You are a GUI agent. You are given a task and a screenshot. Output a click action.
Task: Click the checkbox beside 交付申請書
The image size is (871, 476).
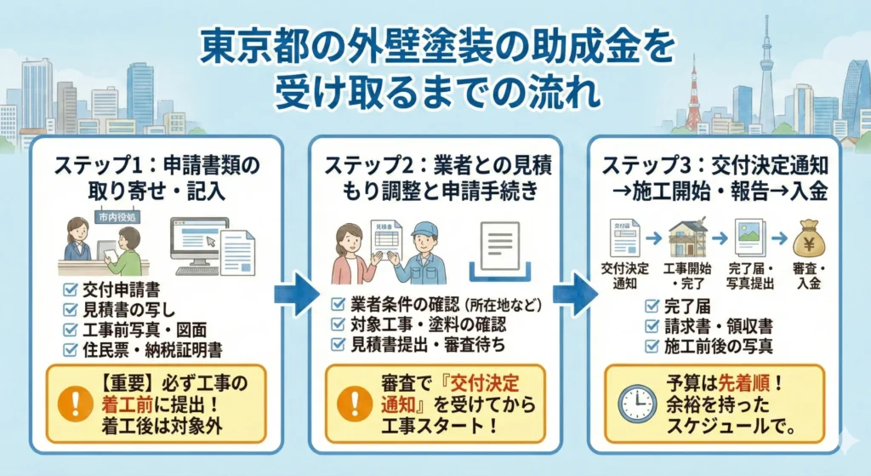click(x=71, y=289)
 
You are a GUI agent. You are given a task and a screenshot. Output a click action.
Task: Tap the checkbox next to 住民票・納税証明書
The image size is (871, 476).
click(x=71, y=349)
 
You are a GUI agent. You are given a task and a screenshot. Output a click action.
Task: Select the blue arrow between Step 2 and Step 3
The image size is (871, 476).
click(x=569, y=294)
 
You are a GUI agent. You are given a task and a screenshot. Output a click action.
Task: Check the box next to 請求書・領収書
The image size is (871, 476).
click(x=651, y=324)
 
